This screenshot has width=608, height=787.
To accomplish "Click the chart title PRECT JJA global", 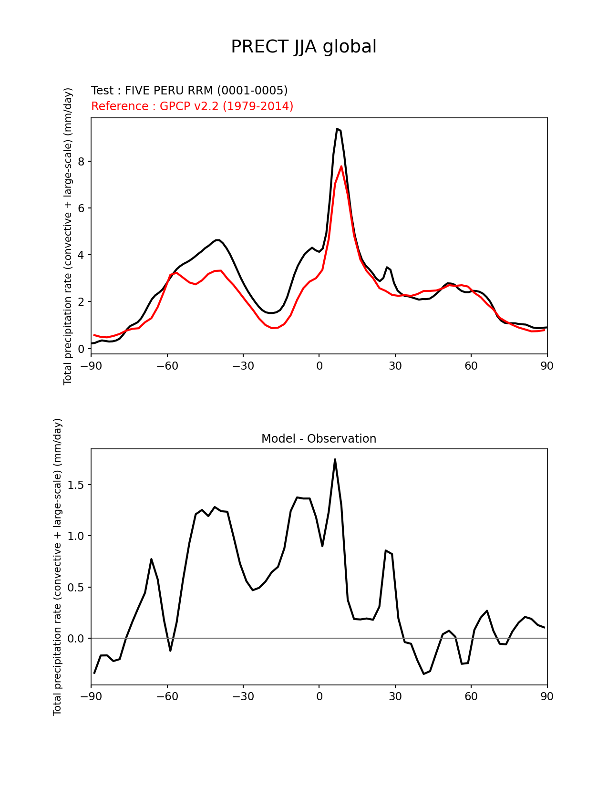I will [x=304, y=47].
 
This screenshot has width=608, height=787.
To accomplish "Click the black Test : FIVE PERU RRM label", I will [x=189, y=91].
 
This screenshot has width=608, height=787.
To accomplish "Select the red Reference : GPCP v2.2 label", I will [x=192, y=106].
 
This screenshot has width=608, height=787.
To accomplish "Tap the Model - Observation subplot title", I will [x=319, y=439].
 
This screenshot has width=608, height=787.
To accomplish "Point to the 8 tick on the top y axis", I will [x=81, y=162].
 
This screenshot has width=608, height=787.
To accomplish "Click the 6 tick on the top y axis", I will [x=81, y=208].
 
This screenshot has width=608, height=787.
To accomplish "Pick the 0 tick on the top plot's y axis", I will [x=81, y=349].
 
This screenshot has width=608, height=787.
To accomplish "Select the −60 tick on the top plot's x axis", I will [x=167, y=366].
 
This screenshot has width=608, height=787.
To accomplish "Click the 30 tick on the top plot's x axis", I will [x=395, y=366].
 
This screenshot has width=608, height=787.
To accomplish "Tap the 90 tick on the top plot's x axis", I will [x=547, y=366].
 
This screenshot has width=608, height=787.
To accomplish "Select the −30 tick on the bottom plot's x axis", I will [x=243, y=696].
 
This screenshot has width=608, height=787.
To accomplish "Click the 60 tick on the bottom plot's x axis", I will [x=471, y=696].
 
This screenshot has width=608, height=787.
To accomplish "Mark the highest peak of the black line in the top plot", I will [x=337, y=129].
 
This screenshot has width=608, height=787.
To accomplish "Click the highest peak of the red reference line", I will [x=341, y=166].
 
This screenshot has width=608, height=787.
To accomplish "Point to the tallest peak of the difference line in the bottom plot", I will [x=335, y=459].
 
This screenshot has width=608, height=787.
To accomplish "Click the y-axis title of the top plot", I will [x=68, y=236].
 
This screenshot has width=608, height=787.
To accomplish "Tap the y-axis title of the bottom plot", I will [x=58, y=567].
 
